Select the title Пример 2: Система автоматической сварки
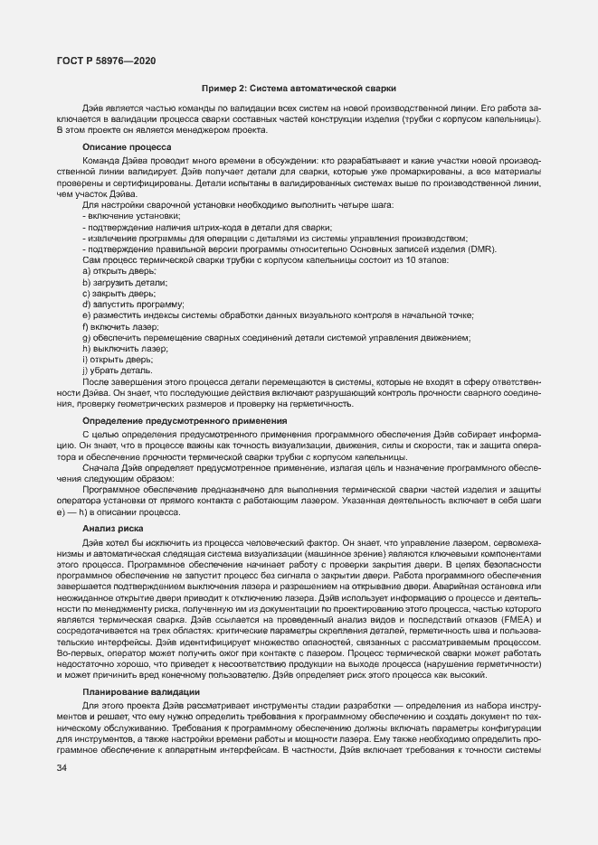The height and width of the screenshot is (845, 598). [x=298, y=88]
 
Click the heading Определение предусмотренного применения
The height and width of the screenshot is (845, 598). [x=185, y=420]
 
